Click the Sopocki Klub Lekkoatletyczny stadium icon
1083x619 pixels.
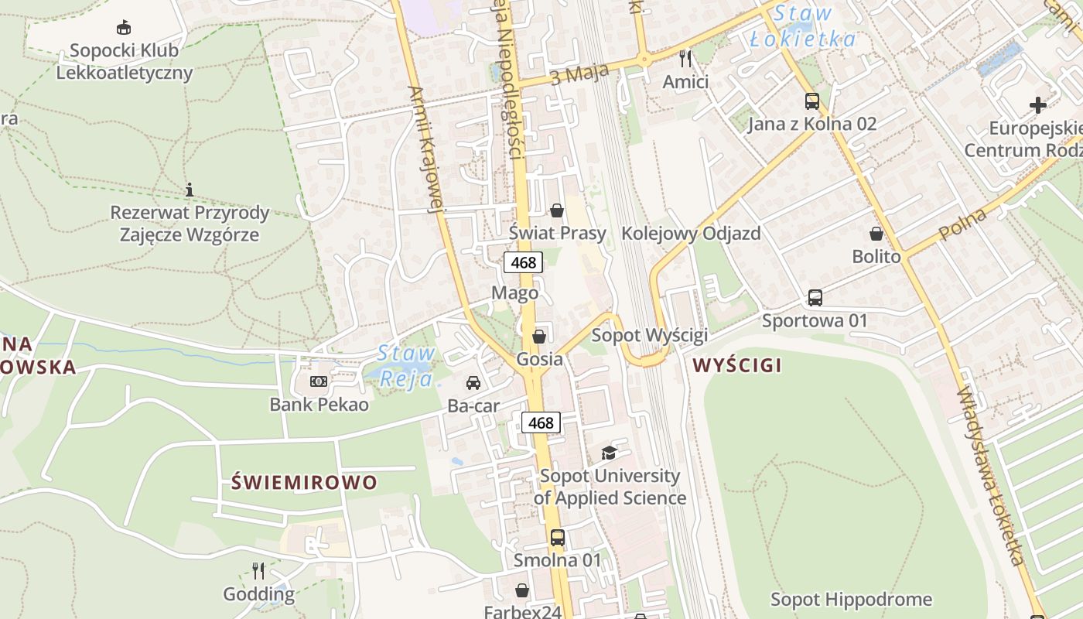point(123,28)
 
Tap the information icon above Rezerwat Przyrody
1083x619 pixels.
point(190,190)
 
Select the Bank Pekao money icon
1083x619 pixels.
point(319,381)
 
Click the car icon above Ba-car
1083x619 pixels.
point(473,382)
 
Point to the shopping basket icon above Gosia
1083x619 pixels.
point(539,336)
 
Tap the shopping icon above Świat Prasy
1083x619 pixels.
point(556,210)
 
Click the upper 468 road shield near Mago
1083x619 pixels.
point(523,262)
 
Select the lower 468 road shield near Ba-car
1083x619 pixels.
point(541,422)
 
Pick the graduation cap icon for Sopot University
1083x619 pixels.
point(610,453)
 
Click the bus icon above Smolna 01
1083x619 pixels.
point(558,537)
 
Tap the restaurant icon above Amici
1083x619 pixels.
point(685,58)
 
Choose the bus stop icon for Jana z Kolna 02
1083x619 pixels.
point(812,101)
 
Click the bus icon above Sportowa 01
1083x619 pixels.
point(815,297)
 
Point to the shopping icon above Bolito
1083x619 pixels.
point(876,233)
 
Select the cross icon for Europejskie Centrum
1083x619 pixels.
point(1038,104)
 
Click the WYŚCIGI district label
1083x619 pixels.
point(737,365)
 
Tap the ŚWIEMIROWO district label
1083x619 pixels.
point(304,482)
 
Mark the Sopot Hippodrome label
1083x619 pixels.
point(851,599)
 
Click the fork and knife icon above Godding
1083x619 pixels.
point(258,571)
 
